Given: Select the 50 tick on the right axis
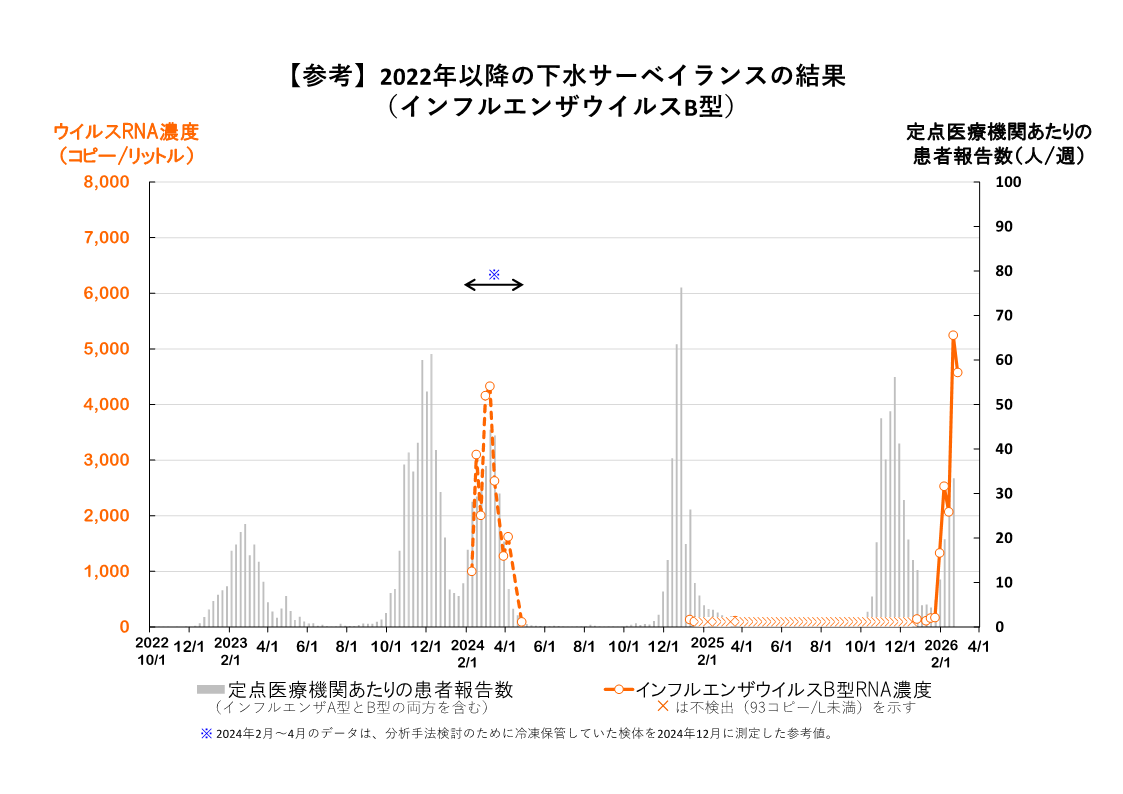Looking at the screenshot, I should [1003, 405].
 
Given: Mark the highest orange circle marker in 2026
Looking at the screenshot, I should [953, 336].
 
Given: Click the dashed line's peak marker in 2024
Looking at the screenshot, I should [490, 387].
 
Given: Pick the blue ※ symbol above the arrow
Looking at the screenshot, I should [493, 274].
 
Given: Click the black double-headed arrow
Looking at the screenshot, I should [493, 285].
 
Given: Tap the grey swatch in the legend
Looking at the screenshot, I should [210, 689].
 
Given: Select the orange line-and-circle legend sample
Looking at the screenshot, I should [619, 689].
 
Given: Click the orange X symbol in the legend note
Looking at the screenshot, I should [662, 707].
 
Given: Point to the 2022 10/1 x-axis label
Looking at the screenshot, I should [152, 652].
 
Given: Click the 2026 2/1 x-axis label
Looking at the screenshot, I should [941, 652].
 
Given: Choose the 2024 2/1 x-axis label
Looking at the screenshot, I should [467, 652].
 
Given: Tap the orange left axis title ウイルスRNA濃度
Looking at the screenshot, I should [126, 132].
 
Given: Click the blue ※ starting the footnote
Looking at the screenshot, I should [207, 733].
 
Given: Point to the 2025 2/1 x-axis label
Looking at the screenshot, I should [707, 652].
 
